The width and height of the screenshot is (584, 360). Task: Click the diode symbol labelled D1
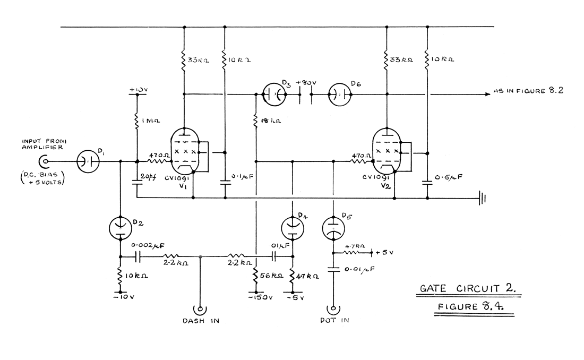(x=88, y=161)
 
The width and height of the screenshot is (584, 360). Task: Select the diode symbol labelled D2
(x=121, y=228)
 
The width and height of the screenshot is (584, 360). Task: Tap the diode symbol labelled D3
(x=275, y=95)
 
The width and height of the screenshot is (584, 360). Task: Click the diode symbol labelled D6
(x=341, y=95)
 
